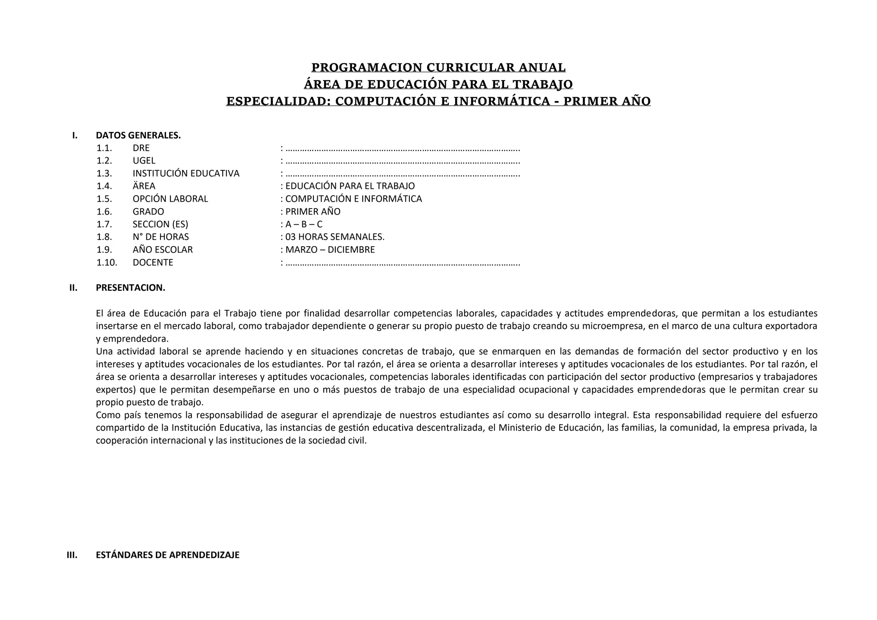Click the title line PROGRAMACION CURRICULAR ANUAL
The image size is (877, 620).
click(438, 68)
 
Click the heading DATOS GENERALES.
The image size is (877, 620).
click(138, 135)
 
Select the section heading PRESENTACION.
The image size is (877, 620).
click(130, 288)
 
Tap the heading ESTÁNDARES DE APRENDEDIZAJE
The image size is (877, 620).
click(167, 555)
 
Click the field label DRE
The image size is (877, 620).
click(141, 148)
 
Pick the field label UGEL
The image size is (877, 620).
click(144, 161)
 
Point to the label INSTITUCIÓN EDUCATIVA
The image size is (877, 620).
click(186, 173)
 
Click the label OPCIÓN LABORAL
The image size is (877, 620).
click(170, 199)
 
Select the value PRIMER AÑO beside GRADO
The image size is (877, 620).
click(313, 212)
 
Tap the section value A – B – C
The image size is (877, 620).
click(304, 224)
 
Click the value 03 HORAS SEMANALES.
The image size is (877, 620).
click(334, 237)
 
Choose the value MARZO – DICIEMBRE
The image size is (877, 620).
click(330, 250)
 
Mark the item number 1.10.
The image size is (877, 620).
click(107, 262)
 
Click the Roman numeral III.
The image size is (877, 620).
click(72, 555)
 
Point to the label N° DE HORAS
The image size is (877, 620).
click(161, 237)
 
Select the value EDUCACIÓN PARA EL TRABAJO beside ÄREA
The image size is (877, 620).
click(350, 186)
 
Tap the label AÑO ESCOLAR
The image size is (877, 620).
click(162, 250)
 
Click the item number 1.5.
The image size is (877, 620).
click(104, 199)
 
